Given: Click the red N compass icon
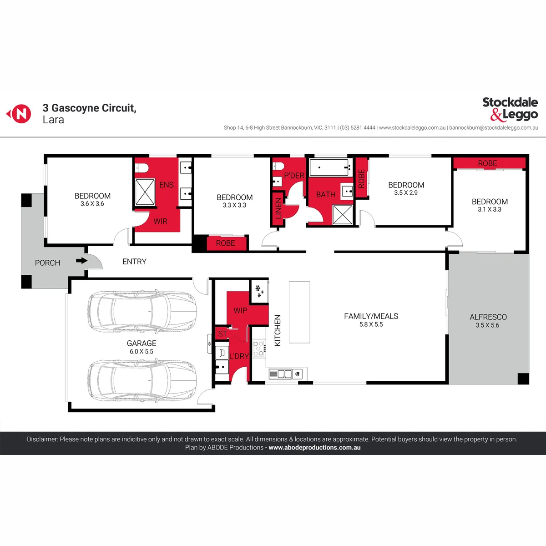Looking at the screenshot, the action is pyautogui.click(x=20, y=114).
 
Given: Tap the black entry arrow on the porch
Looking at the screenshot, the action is pyautogui.click(x=82, y=260).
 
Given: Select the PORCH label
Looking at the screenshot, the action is pyautogui.click(x=48, y=263).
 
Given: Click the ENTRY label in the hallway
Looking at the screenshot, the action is pyautogui.click(x=134, y=262).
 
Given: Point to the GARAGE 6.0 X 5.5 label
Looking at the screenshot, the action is pyautogui.click(x=142, y=347).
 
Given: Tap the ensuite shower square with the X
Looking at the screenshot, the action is pyautogui.click(x=145, y=192).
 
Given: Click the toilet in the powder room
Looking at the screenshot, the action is pyautogui.click(x=278, y=167).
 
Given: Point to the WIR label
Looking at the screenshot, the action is pyautogui.click(x=160, y=221).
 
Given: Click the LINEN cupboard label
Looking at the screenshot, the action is pyautogui.click(x=278, y=208).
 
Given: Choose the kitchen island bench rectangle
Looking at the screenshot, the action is pyautogui.click(x=299, y=312).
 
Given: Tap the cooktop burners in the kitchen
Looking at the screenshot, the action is pyautogui.click(x=258, y=349).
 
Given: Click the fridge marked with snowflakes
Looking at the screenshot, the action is pyautogui.click(x=259, y=292).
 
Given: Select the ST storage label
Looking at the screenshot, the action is pyautogui.click(x=222, y=334).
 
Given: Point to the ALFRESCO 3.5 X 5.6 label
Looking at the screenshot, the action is pyautogui.click(x=488, y=321).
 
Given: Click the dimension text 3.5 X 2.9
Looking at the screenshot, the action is pyautogui.click(x=406, y=192).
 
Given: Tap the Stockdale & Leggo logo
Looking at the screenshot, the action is pyautogui.click(x=510, y=109).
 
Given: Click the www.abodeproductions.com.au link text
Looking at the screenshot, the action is pyautogui.click(x=314, y=448).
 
